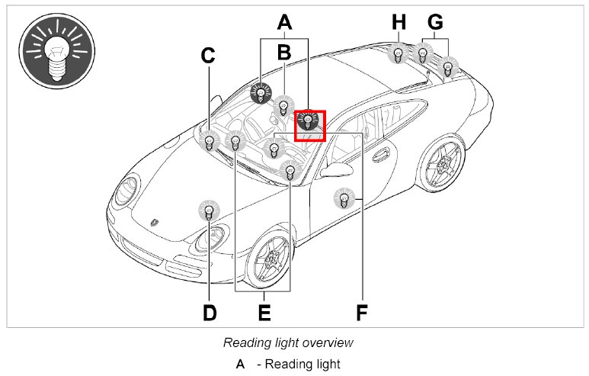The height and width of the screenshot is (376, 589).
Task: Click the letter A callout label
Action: [x=284, y=23]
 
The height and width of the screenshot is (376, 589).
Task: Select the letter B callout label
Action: [x=284, y=53]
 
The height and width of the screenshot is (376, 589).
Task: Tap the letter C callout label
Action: [x=208, y=56]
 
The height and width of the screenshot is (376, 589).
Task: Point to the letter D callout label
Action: [x=210, y=313]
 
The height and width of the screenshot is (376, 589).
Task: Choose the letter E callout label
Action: [x=264, y=313]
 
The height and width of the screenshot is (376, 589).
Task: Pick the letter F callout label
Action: [x=363, y=313]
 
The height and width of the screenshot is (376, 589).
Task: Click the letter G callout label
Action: [x=436, y=23]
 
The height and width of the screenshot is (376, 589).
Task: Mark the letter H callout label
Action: [x=399, y=23]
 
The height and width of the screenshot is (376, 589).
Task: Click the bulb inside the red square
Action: [x=308, y=122]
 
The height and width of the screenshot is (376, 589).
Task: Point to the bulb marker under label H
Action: [x=398, y=54]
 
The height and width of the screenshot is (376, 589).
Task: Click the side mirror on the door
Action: [x=333, y=169]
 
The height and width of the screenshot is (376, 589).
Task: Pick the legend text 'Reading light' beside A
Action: [x=298, y=364]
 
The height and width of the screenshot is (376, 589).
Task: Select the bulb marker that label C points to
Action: [x=209, y=140]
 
